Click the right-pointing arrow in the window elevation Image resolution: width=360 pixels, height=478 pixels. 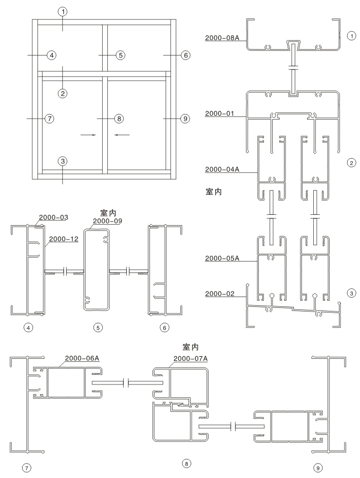[88, 135]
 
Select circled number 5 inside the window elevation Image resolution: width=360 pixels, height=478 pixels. [120, 54]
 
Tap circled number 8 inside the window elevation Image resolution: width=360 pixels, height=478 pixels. [119, 118]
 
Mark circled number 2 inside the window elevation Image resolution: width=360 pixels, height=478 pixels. [63, 93]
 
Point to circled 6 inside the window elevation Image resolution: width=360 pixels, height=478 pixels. [185, 54]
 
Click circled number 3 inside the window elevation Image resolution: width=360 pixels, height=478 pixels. [63, 161]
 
